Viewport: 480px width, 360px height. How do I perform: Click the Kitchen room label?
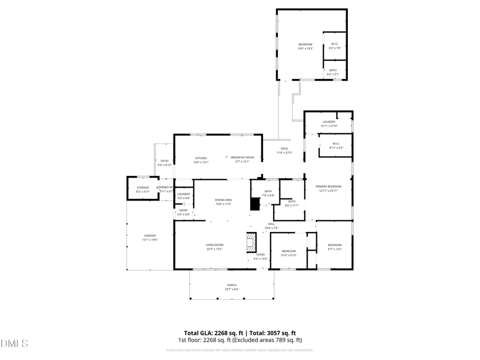[x=201, y=158]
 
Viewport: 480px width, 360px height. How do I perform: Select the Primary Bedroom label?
[x=328, y=187]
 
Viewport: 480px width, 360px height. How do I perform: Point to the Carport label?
[x=149, y=236]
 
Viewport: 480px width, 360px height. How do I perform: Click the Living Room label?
[x=214, y=245]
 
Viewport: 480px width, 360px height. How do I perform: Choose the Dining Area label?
[x=223, y=199]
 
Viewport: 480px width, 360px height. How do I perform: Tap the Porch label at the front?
[x=231, y=285]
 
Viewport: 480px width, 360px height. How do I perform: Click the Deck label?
[x=284, y=149]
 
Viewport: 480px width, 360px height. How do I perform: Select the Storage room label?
[x=142, y=188]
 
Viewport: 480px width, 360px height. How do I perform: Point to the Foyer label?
[x=260, y=255]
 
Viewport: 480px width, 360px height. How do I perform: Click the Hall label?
[x=271, y=223]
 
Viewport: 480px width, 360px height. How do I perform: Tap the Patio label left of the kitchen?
[x=164, y=161]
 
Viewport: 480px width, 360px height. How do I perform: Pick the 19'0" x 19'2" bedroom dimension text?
[x=305, y=49]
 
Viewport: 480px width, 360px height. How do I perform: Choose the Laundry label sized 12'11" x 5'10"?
[x=329, y=122]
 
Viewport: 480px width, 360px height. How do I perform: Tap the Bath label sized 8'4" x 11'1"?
[x=292, y=202]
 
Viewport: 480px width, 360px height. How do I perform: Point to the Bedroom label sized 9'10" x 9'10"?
[x=289, y=251]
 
